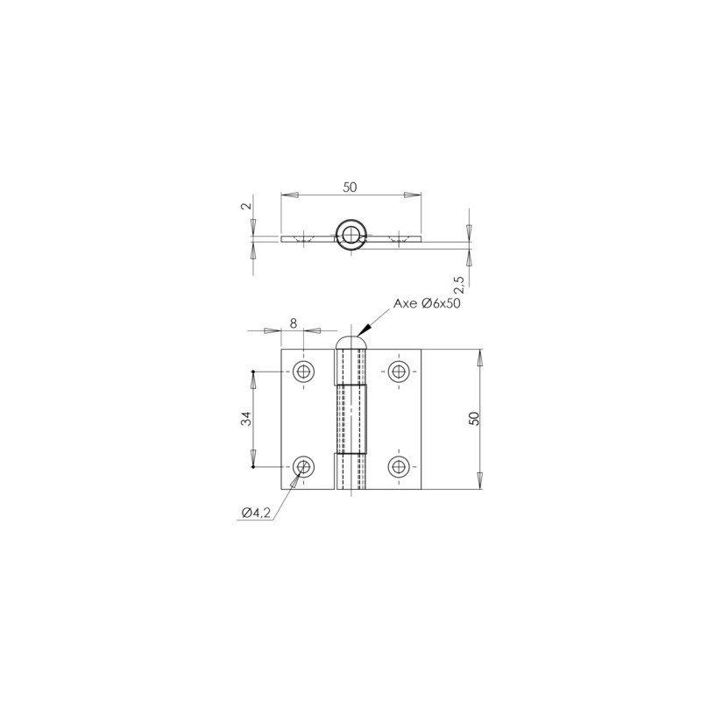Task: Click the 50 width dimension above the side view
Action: click(350, 188)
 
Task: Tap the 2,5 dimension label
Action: click(459, 284)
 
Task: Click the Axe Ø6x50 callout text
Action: click(427, 303)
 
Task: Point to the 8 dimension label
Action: click(294, 322)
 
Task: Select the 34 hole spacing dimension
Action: click(247, 419)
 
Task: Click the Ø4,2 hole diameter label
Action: click(256, 513)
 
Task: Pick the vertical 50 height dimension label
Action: click(474, 419)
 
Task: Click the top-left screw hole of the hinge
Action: click(303, 372)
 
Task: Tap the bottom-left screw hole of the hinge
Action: click(303, 467)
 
